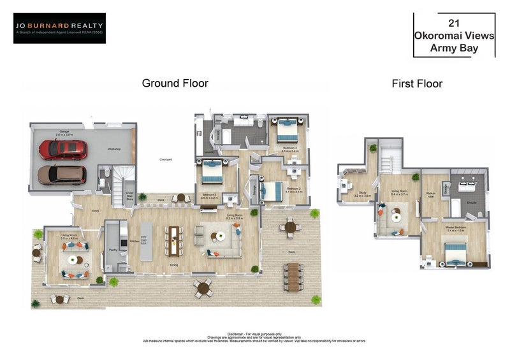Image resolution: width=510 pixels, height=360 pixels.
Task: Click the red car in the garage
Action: pyautogui.click(x=63, y=150)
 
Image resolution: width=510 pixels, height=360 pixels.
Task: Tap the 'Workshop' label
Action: pyautogui.click(x=114, y=149)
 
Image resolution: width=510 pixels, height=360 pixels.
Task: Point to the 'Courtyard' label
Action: pyautogui.click(x=166, y=159)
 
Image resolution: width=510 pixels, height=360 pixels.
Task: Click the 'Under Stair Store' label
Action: pyautogui.click(x=130, y=197)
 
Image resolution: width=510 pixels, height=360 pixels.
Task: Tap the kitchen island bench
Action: pyautogui.click(x=145, y=240)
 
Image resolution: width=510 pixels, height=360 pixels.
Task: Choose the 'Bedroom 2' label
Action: pyautogui.click(x=294, y=189)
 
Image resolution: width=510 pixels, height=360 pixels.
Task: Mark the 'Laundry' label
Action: pyautogui.click(x=209, y=153)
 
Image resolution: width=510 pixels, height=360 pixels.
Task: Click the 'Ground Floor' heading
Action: pyautogui.click(x=175, y=83)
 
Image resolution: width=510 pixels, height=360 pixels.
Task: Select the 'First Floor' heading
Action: pyautogui.click(x=416, y=83)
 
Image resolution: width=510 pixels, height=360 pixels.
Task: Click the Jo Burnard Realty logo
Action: pyautogui.click(x=59, y=28)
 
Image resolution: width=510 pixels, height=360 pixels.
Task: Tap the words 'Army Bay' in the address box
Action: pyautogui.click(x=454, y=48)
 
